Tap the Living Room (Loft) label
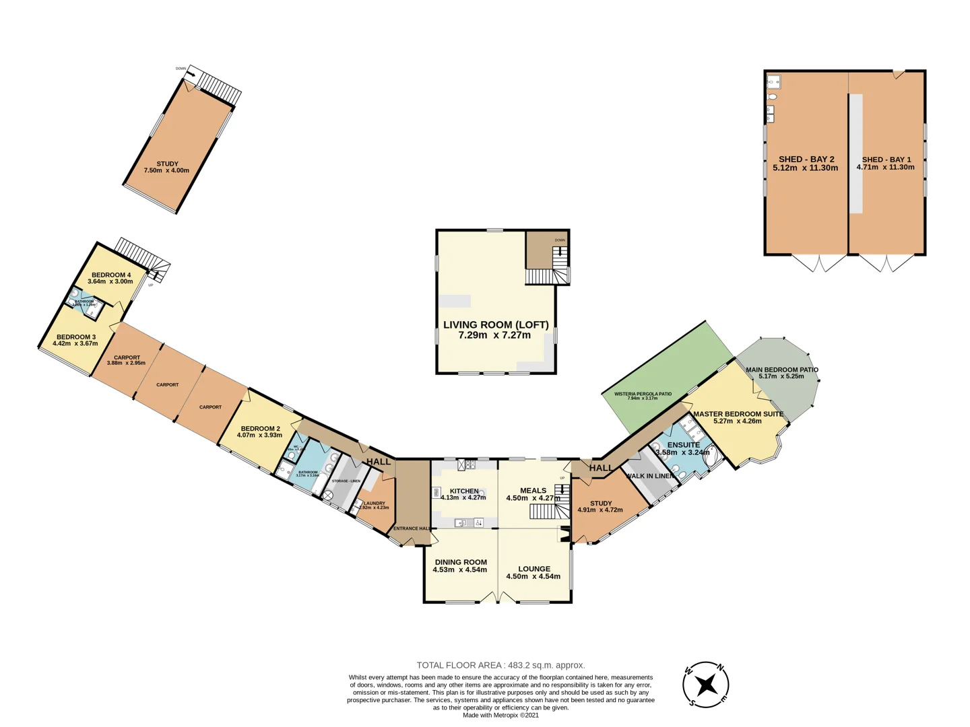pos(495,324)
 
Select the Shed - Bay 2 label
pos(806,160)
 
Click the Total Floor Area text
pos(500,665)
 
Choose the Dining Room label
pos(460,562)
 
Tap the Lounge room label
pos(533,569)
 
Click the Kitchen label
pos(464,491)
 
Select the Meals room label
pos(533,491)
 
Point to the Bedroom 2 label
pos(260,428)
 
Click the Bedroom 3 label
pos(75,337)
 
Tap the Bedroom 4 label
pos(111,275)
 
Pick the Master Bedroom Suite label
pos(738,414)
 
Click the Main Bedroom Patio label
pos(781,370)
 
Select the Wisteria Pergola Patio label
pos(643,394)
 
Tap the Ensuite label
pos(683,445)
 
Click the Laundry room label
pos(375,503)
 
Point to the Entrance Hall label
pos(412,528)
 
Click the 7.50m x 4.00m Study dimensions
pos(166,171)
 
